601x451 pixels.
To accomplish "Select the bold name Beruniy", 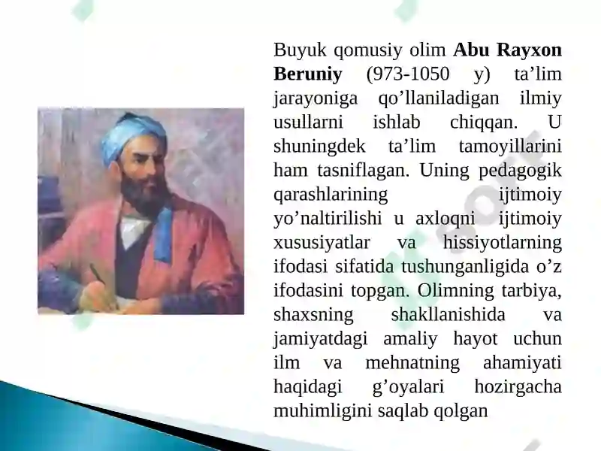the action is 308,74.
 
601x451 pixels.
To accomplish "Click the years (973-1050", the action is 408,74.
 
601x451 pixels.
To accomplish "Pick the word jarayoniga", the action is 316,98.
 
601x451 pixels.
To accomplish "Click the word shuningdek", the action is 319,147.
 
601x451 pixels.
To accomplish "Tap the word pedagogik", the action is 520,171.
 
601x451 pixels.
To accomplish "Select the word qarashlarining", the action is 331,195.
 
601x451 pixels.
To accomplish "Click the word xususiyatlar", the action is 322,243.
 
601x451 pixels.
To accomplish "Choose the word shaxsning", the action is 313,315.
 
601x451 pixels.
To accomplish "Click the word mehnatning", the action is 412,363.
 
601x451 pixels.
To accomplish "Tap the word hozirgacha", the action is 518,387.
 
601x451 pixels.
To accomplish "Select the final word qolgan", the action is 461,411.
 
